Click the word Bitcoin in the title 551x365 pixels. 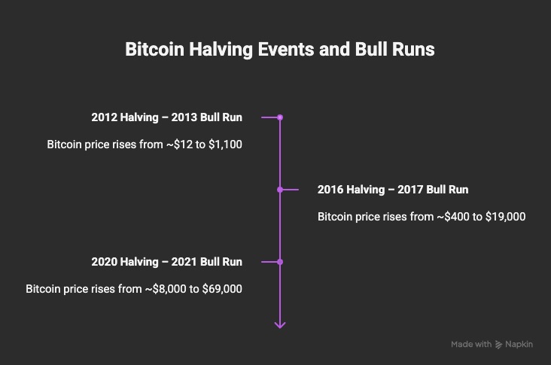(x=154, y=49)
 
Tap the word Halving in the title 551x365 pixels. (x=221, y=50)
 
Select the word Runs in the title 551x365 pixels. (x=413, y=49)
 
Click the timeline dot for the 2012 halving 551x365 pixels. (x=280, y=117)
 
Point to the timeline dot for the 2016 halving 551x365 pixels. (x=280, y=190)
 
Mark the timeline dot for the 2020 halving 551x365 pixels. (x=280, y=262)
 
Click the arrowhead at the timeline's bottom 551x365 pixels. (x=280, y=325)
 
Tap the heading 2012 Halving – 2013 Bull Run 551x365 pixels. (x=166, y=117)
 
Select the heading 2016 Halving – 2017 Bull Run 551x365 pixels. (x=393, y=190)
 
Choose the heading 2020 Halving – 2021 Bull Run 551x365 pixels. (x=166, y=262)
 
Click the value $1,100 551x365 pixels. (x=225, y=144)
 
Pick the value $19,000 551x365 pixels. (x=505, y=217)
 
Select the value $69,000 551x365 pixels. (x=222, y=289)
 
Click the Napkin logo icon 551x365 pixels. (x=498, y=345)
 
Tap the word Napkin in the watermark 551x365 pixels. (x=519, y=344)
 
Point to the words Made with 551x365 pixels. (x=471, y=344)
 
